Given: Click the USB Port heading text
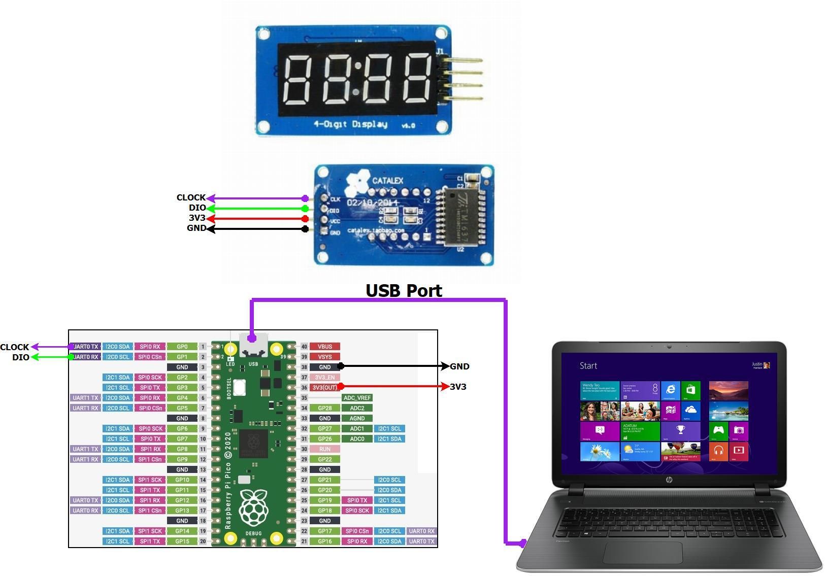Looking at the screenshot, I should (x=404, y=291).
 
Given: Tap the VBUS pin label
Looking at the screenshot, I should (x=324, y=347).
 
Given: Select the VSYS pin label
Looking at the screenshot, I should (x=324, y=357).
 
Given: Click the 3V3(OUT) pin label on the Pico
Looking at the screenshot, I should (x=324, y=388).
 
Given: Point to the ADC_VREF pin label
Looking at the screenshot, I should (x=357, y=398).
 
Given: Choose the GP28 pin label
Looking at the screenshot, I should (x=324, y=408).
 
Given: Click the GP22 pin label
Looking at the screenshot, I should (x=324, y=459).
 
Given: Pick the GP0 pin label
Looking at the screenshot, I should (x=182, y=347).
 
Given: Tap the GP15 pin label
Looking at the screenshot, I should (x=182, y=541).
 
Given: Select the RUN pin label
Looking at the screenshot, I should (x=324, y=449).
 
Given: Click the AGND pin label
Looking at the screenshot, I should (x=357, y=418).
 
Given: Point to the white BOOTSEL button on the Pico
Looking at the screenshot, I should (x=240, y=387).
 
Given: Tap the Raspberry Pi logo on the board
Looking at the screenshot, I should (x=253, y=507).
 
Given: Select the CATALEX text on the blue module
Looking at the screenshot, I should (x=387, y=181).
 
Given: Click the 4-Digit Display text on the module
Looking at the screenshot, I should (x=350, y=124).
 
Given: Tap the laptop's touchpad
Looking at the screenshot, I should (x=642, y=552).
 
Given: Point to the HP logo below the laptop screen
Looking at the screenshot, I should (x=669, y=480).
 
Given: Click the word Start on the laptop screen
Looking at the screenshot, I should (x=588, y=366).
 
